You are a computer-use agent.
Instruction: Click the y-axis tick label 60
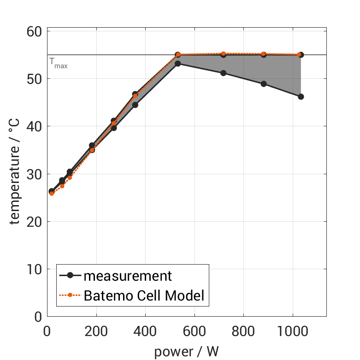(x=33, y=31)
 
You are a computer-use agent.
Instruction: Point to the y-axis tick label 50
(x=33, y=79)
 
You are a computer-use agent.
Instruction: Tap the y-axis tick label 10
(x=33, y=269)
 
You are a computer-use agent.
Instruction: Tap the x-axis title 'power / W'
(x=186, y=352)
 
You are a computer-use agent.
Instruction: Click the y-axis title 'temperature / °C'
(x=15, y=174)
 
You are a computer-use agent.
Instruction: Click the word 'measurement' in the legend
(x=128, y=276)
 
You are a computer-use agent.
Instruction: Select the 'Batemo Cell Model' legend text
(x=144, y=295)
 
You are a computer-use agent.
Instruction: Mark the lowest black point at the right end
(x=301, y=97)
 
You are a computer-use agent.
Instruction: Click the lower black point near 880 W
(x=264, y=84)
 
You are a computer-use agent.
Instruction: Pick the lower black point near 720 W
(x=223, y=73)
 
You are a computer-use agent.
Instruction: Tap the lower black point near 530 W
(x=177, y=63)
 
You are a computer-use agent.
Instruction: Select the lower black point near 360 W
(x=135, y=105)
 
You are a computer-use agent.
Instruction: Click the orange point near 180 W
(x=92, y=150)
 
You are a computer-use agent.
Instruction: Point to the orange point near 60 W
(x=62, y=186)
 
